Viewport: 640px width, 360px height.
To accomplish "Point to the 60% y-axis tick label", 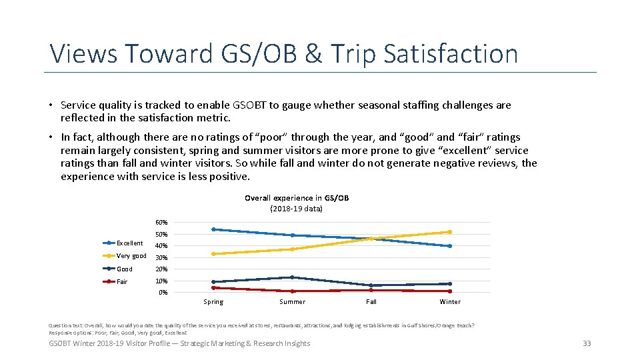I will coord(162,222).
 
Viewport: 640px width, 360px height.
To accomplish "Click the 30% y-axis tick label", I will coord(162,258).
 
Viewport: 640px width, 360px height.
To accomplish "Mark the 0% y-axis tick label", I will coord(163,293).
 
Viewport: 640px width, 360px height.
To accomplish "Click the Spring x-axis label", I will coord(213,302).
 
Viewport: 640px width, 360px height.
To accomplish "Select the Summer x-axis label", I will coord(292,302).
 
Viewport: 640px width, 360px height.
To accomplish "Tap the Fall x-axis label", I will coord(371,302).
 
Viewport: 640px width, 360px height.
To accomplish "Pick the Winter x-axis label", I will coord(450,302).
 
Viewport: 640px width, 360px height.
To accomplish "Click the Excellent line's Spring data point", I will coord(213,229).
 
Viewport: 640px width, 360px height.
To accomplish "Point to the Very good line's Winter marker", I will coord(450,232).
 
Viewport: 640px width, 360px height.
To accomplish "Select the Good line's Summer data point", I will coord(292,277).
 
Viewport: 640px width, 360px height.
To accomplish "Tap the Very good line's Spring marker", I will coord(213,254).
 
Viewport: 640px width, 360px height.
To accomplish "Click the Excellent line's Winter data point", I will coord(450,246).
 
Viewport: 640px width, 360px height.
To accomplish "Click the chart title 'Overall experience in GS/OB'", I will coord(297,198).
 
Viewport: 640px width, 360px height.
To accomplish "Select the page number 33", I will coord(587,343).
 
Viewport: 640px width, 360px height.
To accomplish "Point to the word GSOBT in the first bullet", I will coord(251,105).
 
